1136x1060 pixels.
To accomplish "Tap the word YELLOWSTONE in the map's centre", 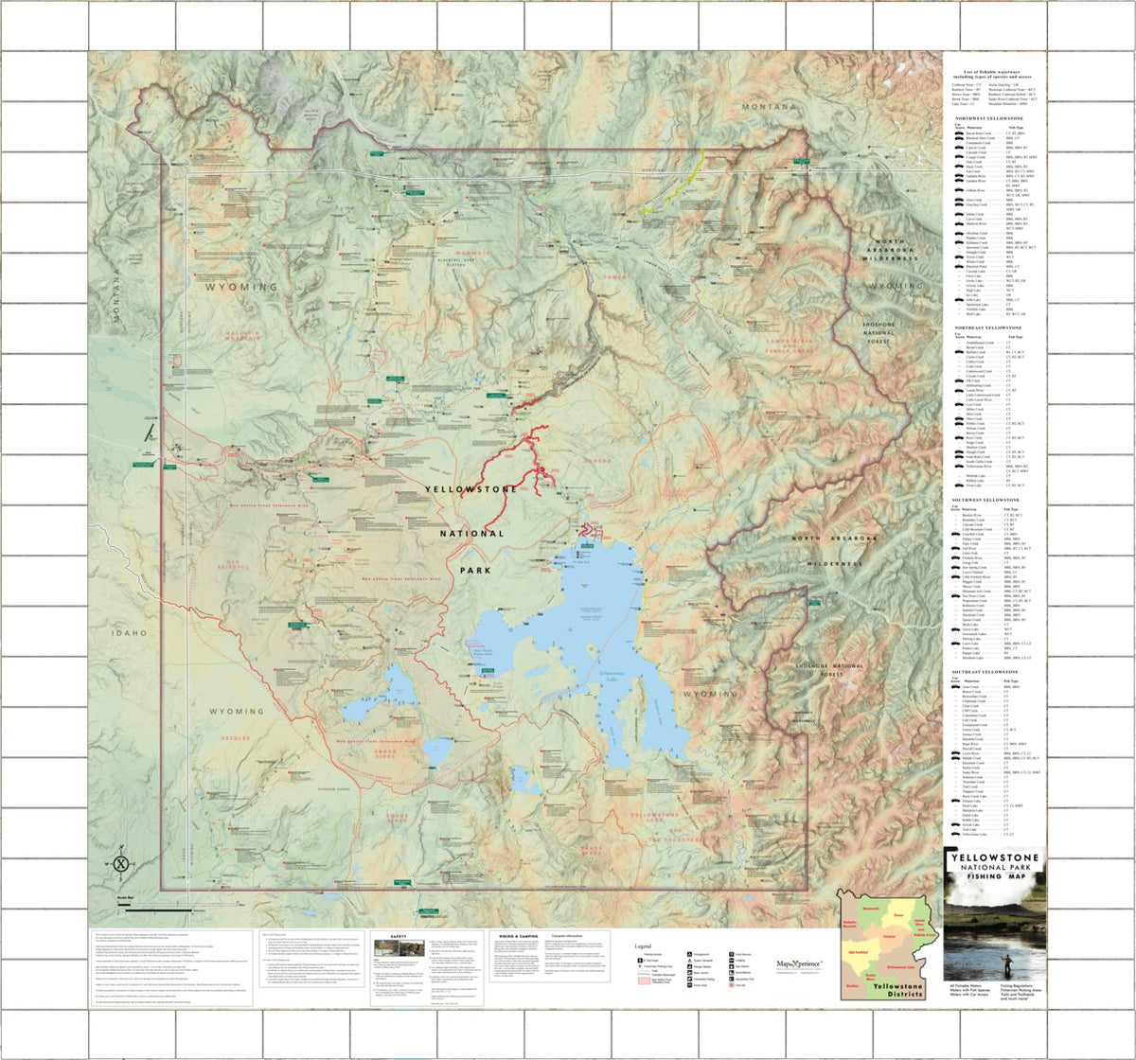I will click(470, 490).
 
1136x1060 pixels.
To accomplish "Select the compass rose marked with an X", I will click(121, 862).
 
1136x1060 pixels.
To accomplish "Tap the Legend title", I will click(643, 945).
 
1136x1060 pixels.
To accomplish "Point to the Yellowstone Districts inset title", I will click(895, 987).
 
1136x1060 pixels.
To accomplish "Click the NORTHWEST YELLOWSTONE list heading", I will click(988, 118).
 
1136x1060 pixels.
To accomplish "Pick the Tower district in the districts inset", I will click(896, 916).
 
